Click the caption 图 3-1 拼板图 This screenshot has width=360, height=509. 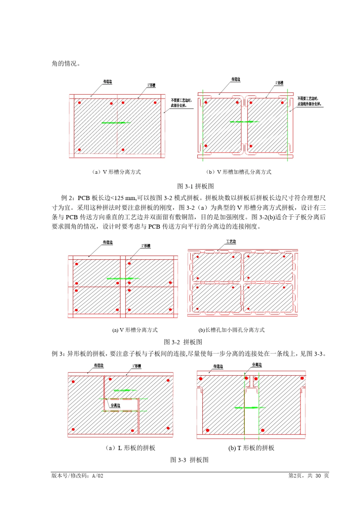coord(196,186)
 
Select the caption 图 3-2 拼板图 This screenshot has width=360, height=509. coord(183,342)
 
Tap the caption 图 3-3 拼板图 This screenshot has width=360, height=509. coord(189,460)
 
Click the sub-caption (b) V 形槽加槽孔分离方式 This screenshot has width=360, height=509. coord(239,172)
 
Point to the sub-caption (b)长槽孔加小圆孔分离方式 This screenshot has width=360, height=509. coord(232,330)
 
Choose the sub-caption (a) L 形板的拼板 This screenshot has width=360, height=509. coord(130,448)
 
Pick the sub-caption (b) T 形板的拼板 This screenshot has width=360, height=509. coord(251,448)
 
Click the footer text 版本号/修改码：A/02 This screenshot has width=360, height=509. coord(77,476)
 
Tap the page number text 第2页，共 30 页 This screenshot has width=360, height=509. coord(308,476)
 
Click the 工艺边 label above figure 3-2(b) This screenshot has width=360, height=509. coord(231,242)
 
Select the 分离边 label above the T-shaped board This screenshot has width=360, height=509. coord(257,365)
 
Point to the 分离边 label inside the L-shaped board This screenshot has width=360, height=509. coord(116,405)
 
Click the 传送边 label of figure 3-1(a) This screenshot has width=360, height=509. coord(108,81)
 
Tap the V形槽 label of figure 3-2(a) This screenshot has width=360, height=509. coord(146,246)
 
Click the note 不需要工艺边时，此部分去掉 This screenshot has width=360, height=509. coord(181,103)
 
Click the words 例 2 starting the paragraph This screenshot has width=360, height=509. coord(67,198)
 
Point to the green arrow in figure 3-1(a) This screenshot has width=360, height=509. coord(116,123)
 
